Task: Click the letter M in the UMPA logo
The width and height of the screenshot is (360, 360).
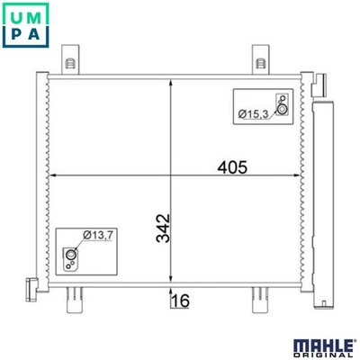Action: click(38, 14)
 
